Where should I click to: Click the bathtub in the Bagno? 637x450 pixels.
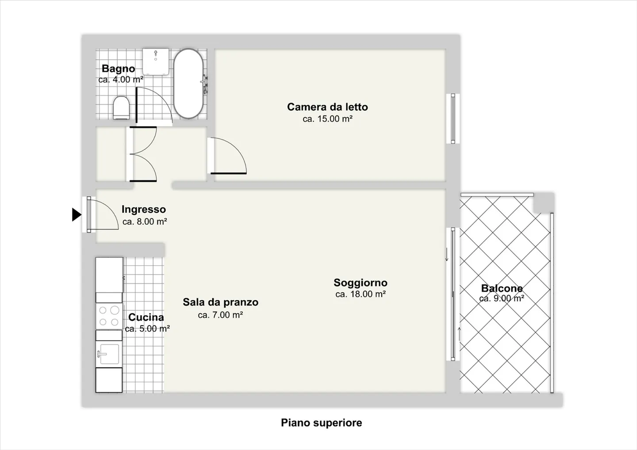tap(188, 83)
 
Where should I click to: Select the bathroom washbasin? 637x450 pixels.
tap(156, 61)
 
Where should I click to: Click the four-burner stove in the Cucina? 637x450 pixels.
tap(109, 316)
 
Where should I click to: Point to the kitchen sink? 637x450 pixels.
tap(109, 354)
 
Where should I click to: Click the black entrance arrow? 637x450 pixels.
tap(77, 215)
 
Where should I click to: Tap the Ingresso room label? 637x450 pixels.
tap(144, 210)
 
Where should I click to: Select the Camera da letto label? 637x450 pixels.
tap(327, 107)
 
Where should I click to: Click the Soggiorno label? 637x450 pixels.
tap(360, 282)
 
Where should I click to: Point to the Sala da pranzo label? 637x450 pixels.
tap(220, 302)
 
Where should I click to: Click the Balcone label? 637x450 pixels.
tap(502, 288)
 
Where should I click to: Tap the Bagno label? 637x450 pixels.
tap(118, 69)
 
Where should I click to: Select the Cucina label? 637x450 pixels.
tap(146, 317)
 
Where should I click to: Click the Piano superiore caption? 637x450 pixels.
tap(321, 423)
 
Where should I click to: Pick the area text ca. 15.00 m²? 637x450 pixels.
tap(327, 119)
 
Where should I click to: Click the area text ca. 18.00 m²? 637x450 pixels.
tap(360, 294)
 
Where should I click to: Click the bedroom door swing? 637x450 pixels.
tap(228, 156)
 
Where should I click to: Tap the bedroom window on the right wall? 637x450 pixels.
tap(453, 118)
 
